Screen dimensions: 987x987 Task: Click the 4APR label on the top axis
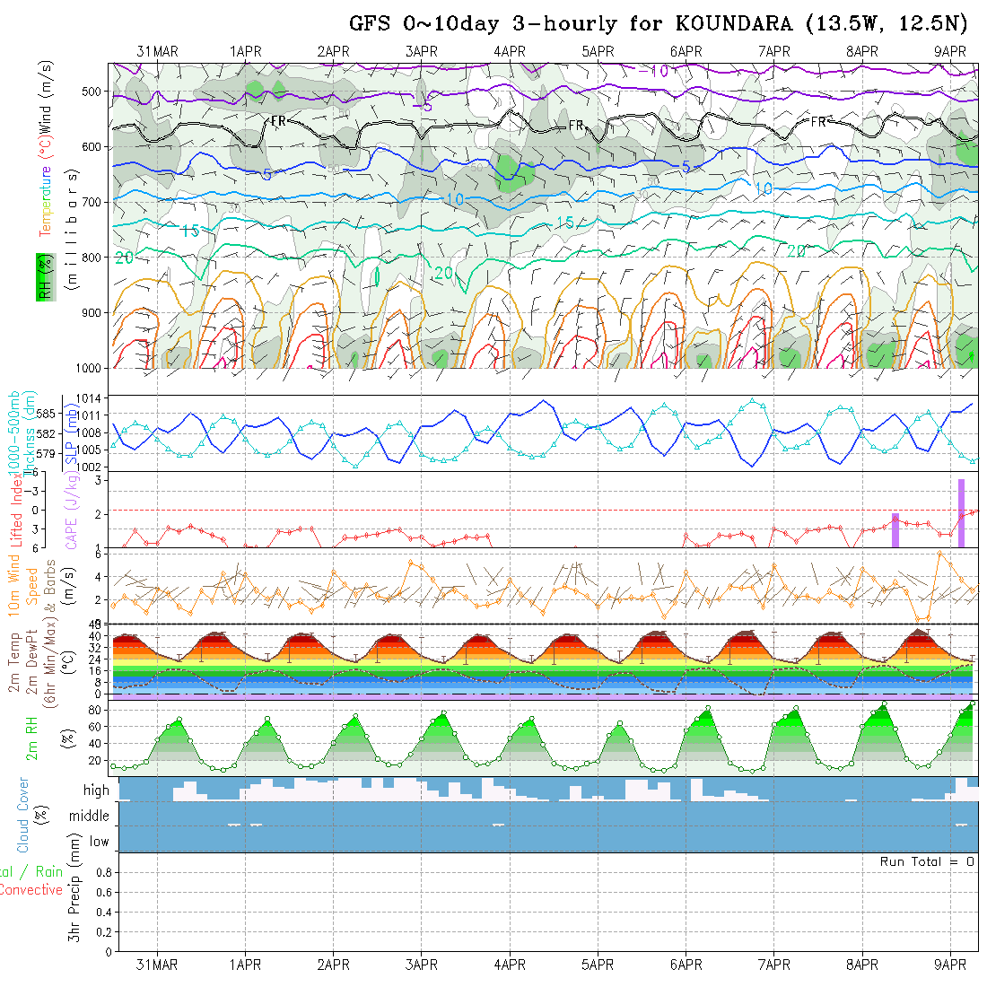click(509, 52)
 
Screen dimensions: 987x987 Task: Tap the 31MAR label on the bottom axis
click(157, 965)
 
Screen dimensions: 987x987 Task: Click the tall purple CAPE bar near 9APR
click(961, 512)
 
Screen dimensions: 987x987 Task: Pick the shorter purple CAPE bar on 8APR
click(895, 529)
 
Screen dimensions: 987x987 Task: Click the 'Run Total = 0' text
click(927, 861)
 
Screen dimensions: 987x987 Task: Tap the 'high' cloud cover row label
click(96, 790)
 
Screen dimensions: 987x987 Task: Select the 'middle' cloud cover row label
click(90, 816)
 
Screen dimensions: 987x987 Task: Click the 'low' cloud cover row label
click(99, 842)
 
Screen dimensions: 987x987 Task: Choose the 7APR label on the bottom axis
click(773, 965)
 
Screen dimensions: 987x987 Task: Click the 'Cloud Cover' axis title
click(23, 815)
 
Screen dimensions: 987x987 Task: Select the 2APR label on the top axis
click(333, 52)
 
